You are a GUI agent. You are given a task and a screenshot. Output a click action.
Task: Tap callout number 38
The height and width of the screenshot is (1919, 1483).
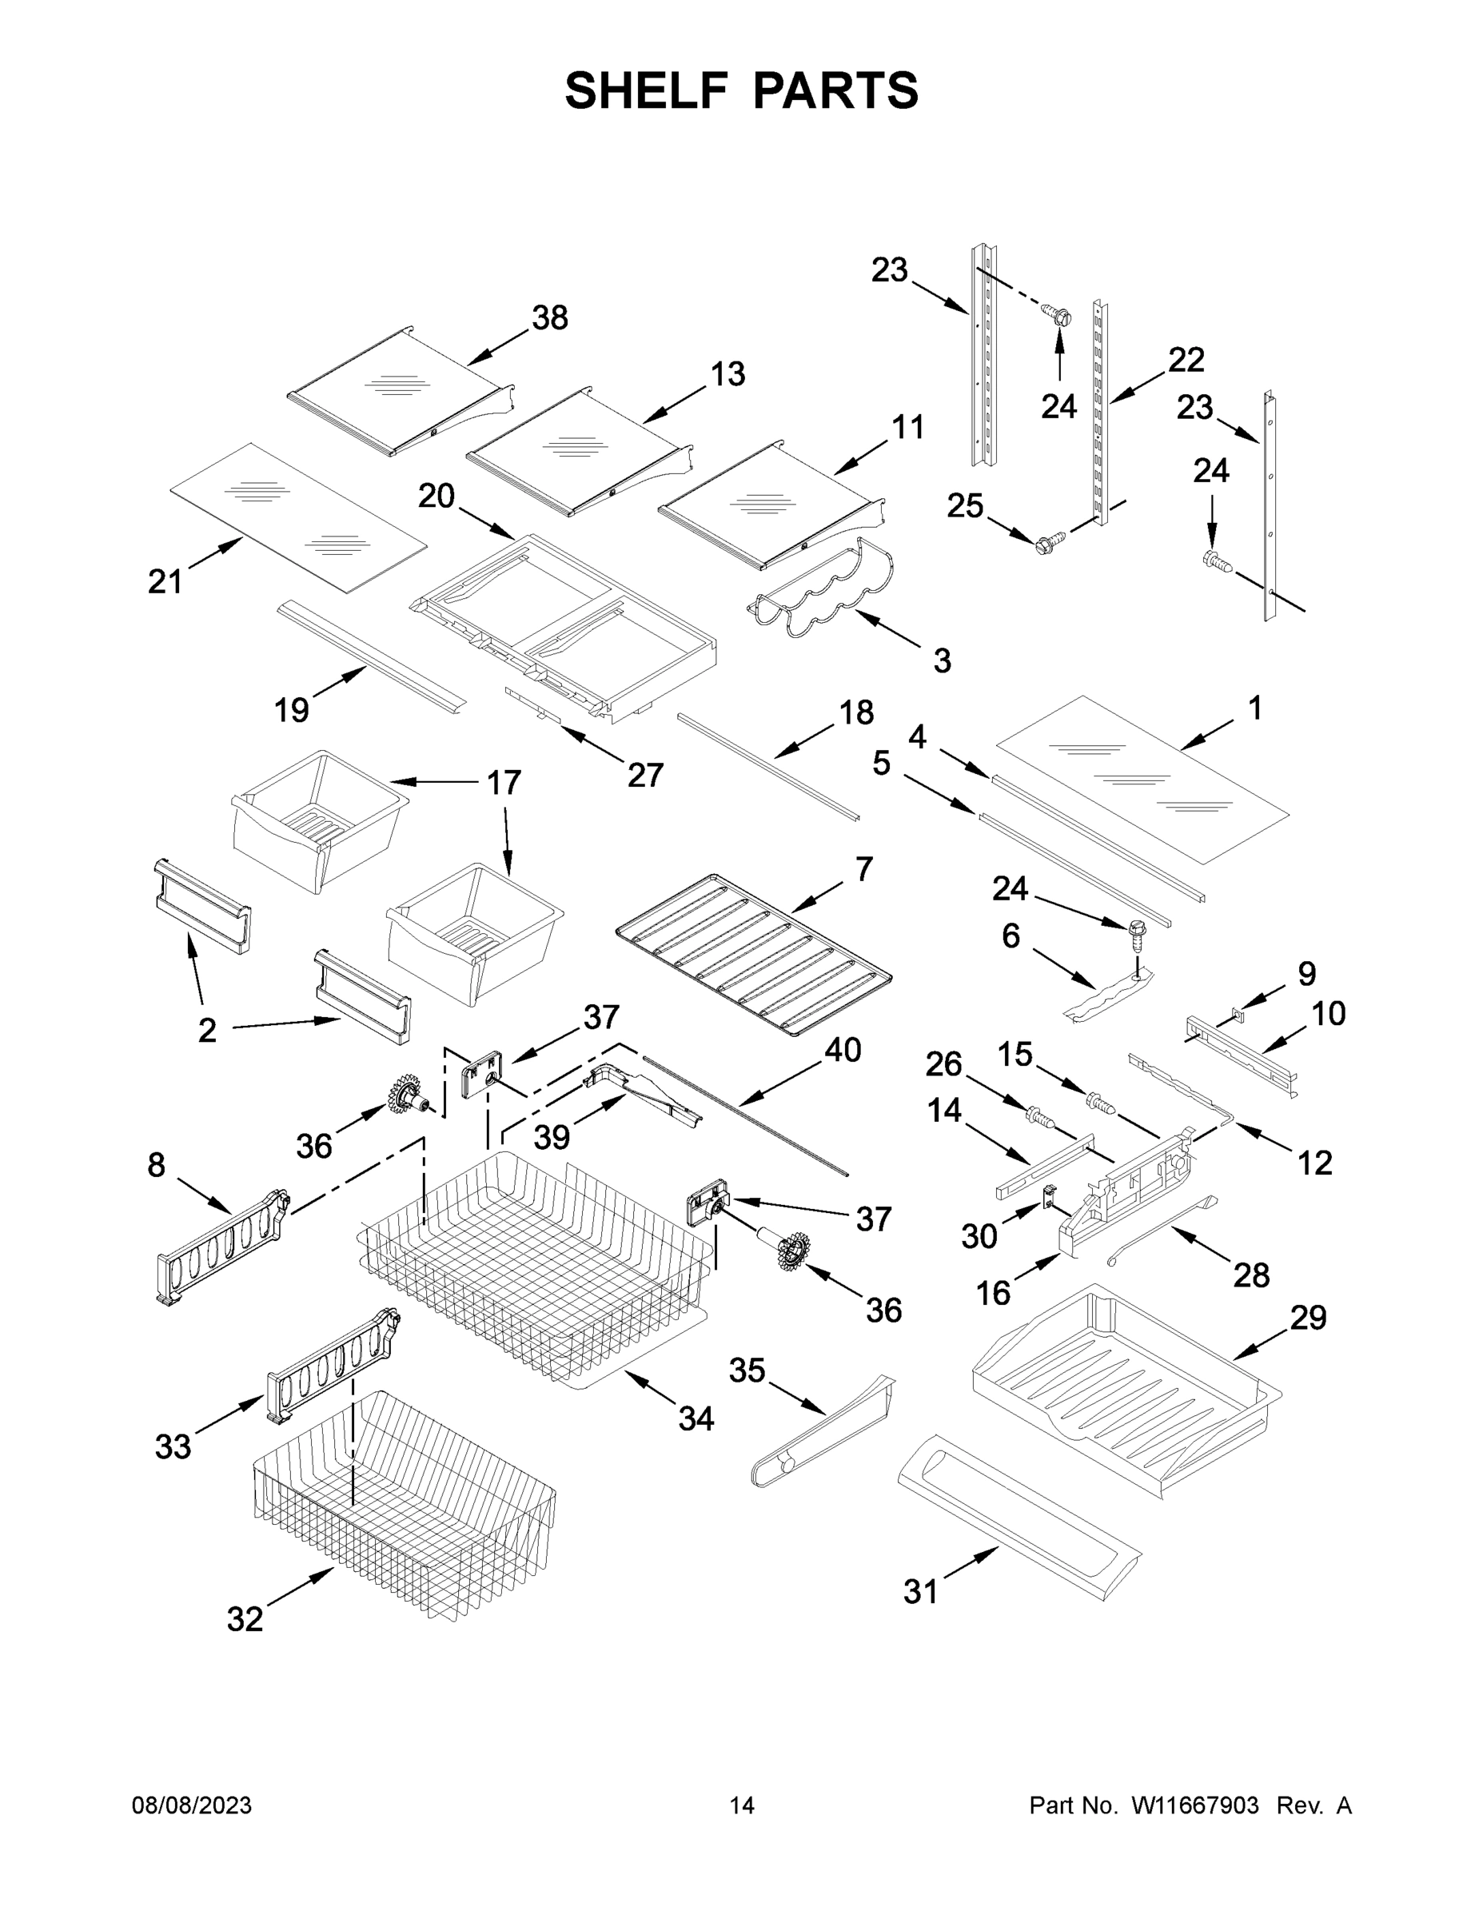coord(550,317)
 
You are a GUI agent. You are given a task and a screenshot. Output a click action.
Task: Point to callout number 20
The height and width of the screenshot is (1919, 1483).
coord(436,497)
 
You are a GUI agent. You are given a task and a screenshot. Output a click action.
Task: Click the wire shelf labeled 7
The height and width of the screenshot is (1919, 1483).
coord(754,956)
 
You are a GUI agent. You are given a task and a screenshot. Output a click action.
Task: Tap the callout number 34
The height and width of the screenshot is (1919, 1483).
coord(696,1418)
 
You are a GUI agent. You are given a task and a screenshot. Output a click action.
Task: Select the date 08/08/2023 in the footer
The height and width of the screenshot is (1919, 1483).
coord(192,1805)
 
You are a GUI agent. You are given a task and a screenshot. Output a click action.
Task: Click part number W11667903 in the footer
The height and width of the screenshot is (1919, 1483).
coord(1195,1805)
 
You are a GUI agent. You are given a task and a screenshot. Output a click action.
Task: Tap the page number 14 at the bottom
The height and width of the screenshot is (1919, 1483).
coord(742,1805)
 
